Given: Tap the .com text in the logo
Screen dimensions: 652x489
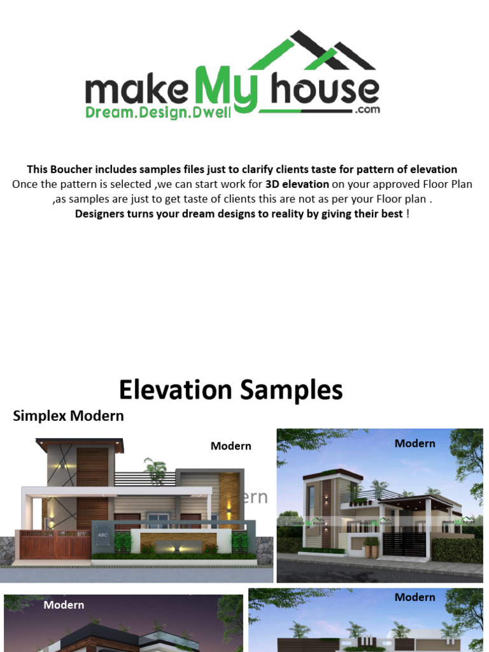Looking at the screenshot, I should click(368, 110).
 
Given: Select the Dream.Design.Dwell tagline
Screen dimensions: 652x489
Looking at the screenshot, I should click(159, 112).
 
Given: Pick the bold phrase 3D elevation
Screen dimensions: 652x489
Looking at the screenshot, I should click(297, 184).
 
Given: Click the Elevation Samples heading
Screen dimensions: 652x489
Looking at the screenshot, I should click(230, 390).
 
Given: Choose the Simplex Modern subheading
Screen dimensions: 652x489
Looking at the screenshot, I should click(68, 416).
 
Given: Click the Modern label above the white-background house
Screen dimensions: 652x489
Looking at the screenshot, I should click(230, 446).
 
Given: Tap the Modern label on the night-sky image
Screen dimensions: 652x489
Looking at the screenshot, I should click(64, 605).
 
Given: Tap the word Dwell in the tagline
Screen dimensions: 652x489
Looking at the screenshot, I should click(214, 112).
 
